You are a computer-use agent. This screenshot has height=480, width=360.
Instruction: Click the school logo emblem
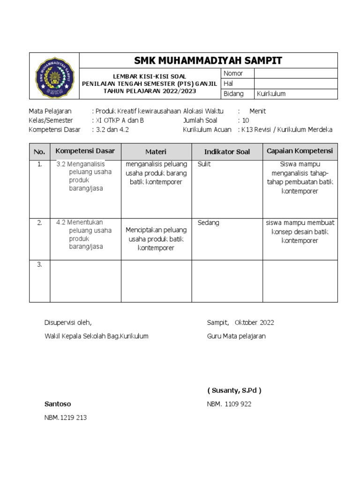tap(54, 76)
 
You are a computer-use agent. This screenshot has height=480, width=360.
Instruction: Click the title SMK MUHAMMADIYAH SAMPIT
tap(208, 60)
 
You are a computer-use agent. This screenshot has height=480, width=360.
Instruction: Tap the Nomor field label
tap(233, 73)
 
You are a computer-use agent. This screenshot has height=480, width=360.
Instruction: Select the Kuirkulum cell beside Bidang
tap(271, 94)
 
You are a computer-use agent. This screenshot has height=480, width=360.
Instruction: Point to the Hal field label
tap(228, 83)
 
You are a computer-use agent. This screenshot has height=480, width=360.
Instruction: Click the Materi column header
tap(156, 152)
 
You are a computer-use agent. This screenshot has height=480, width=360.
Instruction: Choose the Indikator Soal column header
tap(227, 152)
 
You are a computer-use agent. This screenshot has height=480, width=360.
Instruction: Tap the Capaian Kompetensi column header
tap(300, 151)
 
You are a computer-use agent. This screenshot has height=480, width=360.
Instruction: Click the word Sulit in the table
tap(204, 164)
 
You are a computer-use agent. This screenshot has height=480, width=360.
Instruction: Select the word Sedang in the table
tap(208, 223)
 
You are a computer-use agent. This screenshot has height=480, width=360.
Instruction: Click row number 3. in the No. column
tap(39, 264)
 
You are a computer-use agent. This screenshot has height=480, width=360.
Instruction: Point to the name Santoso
tap(58, 404)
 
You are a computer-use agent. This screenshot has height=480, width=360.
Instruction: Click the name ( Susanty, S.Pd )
tap(234, 390)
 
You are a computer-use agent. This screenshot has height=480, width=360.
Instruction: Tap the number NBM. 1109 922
tap(229, 404)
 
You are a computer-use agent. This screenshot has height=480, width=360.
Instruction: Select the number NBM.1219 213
tap(65, 417)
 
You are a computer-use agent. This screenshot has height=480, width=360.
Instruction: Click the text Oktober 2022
tap(254, 322)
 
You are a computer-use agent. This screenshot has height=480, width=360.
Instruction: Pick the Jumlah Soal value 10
tap(246, 120)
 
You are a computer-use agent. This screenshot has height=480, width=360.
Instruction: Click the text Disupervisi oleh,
tap(68, 322)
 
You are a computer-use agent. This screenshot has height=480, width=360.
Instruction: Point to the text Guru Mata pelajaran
tap(236, 336)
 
